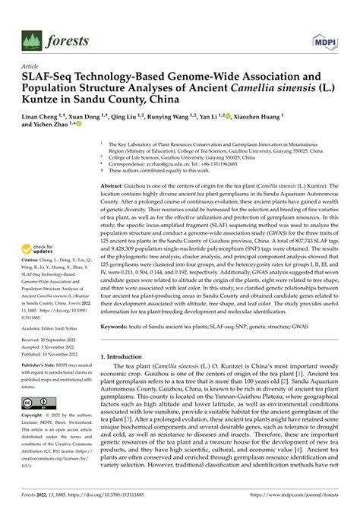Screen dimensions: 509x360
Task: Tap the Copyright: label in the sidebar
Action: click(34, 416)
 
